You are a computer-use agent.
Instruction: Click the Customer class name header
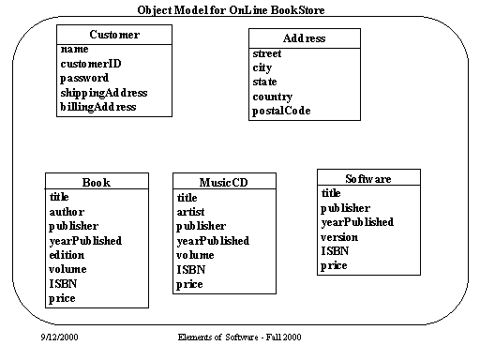coord(115,35)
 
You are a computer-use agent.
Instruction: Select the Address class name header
coord(304,38)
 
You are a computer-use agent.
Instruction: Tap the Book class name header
coord(97,182)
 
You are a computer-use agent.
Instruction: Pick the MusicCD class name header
coord(222,182)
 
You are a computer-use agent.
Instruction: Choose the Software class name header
coord(367,178)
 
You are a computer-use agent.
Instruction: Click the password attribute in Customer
coord(85,79)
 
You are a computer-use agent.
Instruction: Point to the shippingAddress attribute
coord(104,93)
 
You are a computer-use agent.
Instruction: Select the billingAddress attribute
coord(98,107)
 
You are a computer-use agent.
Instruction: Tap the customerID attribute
coord(92,65)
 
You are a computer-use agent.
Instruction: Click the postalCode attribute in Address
coord(282,111)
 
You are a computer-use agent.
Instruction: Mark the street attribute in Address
coord(267,53)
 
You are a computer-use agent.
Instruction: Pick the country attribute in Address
coord(273,97)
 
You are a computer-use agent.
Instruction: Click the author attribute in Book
coord(67,212)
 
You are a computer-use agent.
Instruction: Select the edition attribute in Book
coord(67,255)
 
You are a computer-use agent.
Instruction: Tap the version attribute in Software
coord(340,236)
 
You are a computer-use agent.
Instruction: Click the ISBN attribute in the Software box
coord(335,251)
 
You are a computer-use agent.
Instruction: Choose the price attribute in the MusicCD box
coord(190,284)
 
